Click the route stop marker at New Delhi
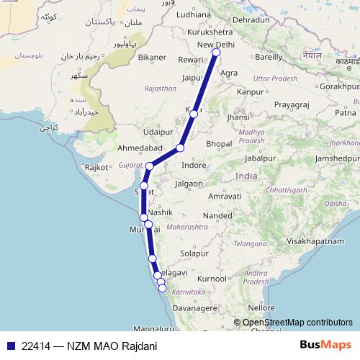point(216,52)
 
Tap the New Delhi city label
point(215,45)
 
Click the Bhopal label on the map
point(219,145)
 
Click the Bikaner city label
point(153,56)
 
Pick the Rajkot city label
point(96,167)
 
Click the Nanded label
point(217,215)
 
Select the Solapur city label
point(194,253)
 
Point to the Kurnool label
point(212,278)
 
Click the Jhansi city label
point(238,117)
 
